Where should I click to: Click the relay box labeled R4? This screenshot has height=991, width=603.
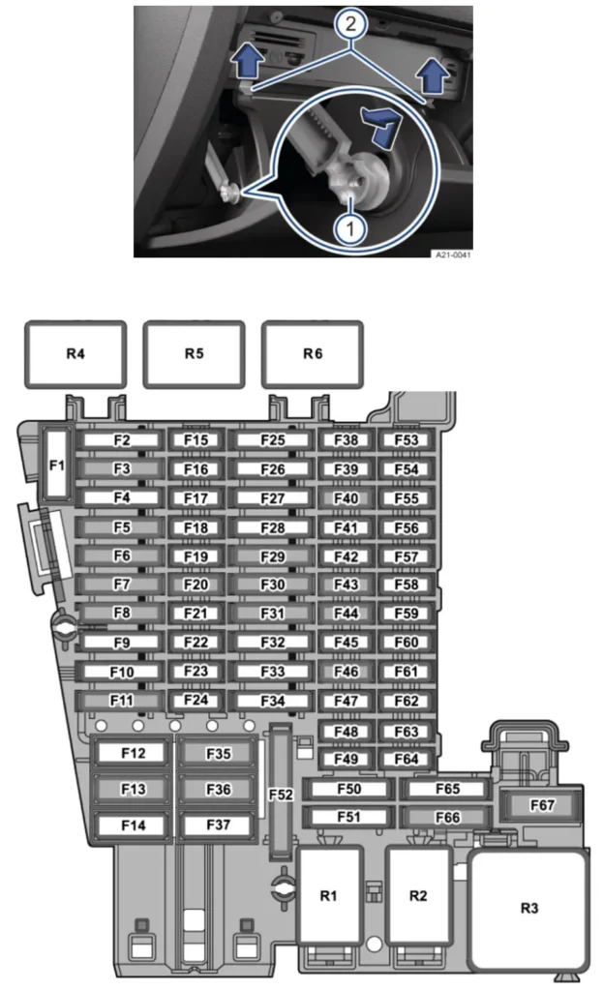tap(75, 354)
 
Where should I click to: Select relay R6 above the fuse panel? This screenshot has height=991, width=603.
tap(313, 354)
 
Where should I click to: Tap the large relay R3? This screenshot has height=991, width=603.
tap(529, 910)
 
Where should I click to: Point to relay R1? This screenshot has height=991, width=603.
tap(329, 895)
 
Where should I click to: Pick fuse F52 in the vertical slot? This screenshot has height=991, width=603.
tap(281, 794)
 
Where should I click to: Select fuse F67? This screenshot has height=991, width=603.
tap(542, 804)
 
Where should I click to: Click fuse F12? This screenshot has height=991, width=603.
tap(133, 753)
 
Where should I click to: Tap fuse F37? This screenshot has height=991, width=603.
tap(218, 825)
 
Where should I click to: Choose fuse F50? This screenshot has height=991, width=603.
tap(348, 789)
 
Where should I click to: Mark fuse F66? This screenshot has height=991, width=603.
tap(447, 817)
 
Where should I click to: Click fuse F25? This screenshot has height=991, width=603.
tap(272, 440)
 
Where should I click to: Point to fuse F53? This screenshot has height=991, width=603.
tap(407, 440)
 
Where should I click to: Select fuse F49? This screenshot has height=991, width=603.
tap(346, 759)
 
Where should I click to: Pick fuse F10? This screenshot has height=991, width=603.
tap(121, 672)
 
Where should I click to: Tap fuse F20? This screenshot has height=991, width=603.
tap(196, 585)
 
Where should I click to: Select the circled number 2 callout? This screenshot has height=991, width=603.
tap(349, 24)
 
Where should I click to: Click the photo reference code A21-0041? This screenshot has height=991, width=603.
tap(453, 255)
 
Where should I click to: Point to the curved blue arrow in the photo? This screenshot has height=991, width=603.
tap(381, 125)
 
